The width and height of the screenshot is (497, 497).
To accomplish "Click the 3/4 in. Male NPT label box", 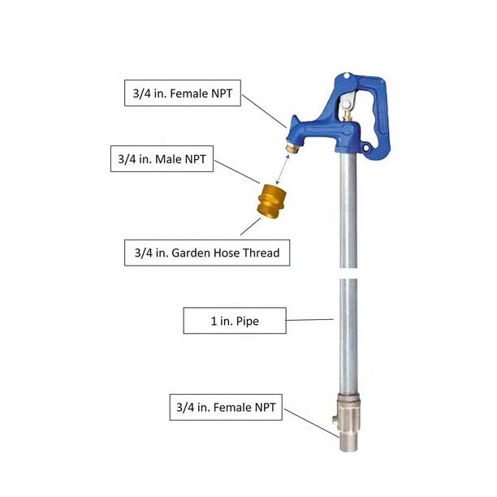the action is tap(162, 159).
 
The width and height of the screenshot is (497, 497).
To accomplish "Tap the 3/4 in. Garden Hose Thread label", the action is tap(207, 253).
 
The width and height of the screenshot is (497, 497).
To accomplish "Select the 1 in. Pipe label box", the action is tap(235, 321).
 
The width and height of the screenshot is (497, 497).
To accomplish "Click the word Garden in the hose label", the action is tap(191, 253).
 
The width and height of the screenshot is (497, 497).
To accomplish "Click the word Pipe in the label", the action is tap(248, 322).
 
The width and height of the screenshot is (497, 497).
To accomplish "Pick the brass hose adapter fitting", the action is tap(271, 201).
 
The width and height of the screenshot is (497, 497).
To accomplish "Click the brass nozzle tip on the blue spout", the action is tap(292, 148).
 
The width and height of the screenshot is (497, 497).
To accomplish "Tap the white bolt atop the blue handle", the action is tap(347, 76).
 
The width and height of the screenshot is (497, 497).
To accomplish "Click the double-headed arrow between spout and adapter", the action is tap(283, 170).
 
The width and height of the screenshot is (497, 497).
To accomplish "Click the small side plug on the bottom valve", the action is tap(335, 420).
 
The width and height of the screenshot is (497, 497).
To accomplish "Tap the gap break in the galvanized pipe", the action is tap(348, 273).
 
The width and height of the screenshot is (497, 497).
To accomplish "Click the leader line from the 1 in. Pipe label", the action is tap(309, 320).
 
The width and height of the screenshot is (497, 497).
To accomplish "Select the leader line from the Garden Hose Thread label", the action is tap(250, 227).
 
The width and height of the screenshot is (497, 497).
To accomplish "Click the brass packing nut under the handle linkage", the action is tap(348, 116).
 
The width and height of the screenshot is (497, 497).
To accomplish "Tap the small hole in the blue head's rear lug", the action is tap(367, 148).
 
